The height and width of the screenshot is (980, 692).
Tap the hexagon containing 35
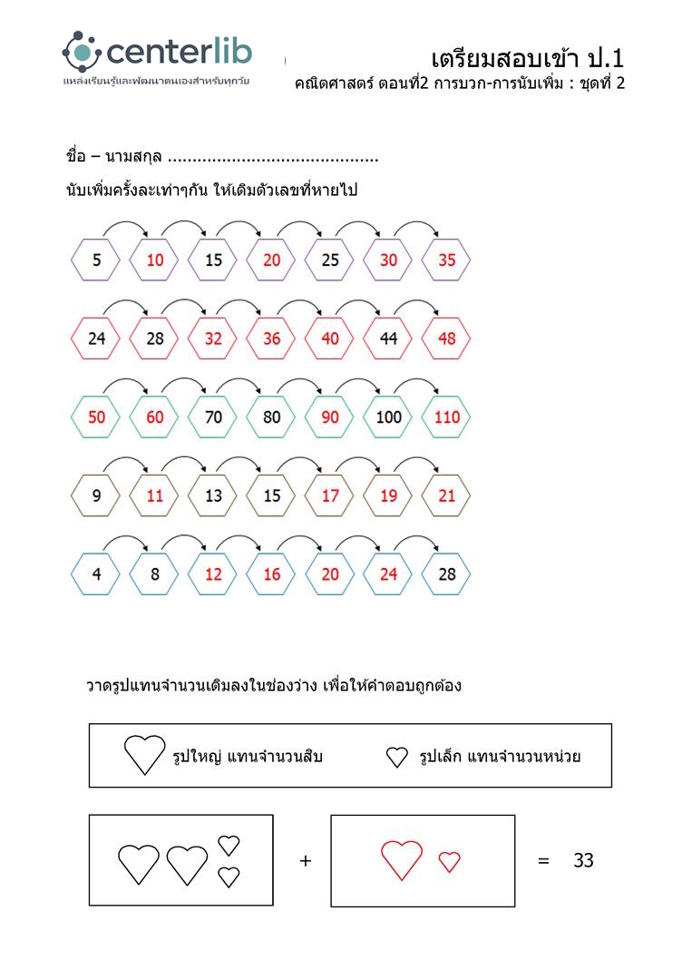coord(446,260)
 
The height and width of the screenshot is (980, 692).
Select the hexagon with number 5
coord(96,260)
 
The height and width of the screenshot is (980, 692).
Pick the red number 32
coord(213,339)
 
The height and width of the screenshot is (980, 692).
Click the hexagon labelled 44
coord(388,339)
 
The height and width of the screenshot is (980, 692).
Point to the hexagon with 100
coord(388,417)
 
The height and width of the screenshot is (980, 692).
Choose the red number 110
coord(446,417)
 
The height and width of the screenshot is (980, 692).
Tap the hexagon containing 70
coord(213,417)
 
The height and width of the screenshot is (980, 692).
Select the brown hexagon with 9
coord(96,496)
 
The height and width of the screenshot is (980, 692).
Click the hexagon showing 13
coord(213,496)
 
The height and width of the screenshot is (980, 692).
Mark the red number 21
coord(446,496)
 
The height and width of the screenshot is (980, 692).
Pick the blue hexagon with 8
coord(155,574)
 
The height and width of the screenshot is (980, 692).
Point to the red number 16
coord(272,574)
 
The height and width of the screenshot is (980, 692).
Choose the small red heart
coord(450,862)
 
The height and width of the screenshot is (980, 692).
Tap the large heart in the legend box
coord(144,755)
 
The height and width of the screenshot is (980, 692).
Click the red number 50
coord(96,417)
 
